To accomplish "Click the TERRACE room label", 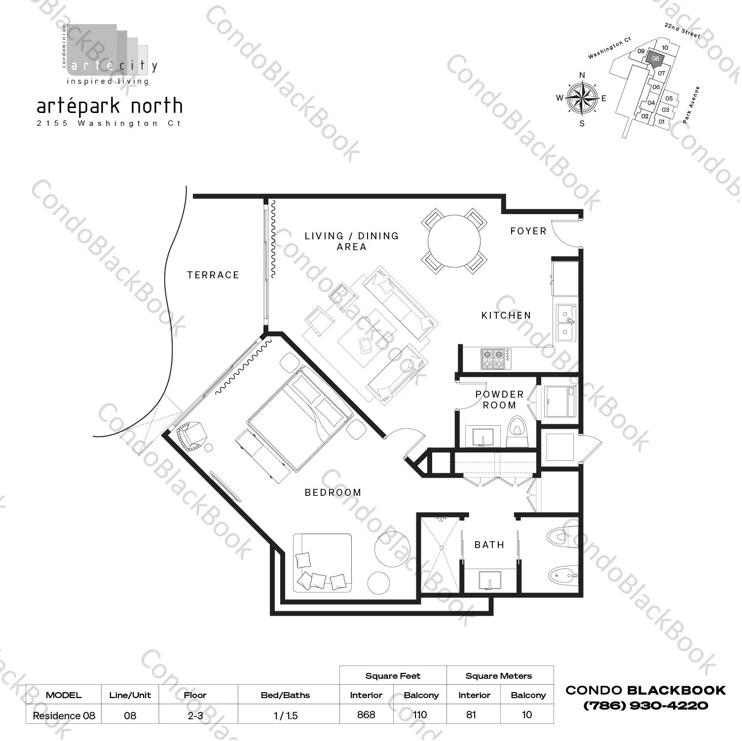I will click(x=213, y=275).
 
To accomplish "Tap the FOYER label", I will click(x=528, y=231).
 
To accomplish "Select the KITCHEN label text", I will click(x=506, y=315).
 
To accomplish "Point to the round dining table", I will click(x=454, y=241).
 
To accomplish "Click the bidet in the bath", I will click(x=562, y=575).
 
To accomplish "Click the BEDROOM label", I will click(x=333, y=492).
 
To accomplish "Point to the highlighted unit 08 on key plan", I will click(x=655, y=58).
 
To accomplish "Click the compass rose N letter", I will click(x=582, y=75).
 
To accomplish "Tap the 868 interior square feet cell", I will click(x=366, y=714).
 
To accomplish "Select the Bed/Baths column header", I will click(x=285, y=695).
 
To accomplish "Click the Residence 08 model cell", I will click(x=64, y=715).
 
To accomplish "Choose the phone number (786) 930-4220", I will click(x=645, y=705).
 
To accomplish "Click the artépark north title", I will click(x=110, y=106).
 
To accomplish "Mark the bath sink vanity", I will click(x=489, y=581).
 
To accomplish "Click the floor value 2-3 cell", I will click(x=195, y=715).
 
